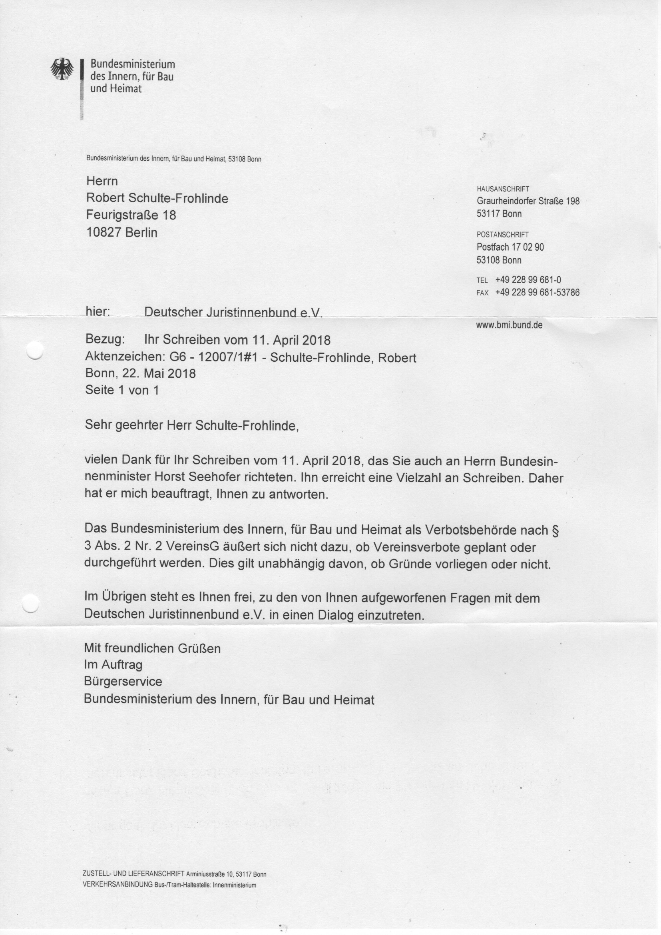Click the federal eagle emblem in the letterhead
coord(62,69)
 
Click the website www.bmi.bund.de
coord(509,325)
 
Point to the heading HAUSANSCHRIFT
coord(503,189)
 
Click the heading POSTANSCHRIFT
coord(502,235)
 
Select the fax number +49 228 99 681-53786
coord(537,292)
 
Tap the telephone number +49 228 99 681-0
coord(528,280)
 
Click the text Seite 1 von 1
coord(122,390)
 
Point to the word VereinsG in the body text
coord(192,547)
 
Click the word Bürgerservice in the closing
coord(123,681)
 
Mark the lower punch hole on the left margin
coord(30,602)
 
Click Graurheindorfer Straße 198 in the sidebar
coord(528,201)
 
